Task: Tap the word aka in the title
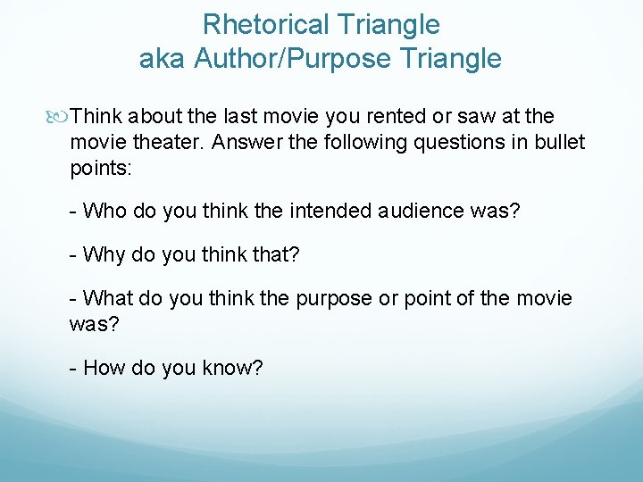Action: (x=163, y=60)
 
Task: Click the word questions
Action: (x=444, y=142)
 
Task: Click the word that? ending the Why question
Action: (x=274, y=254)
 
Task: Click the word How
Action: (x=104, y=367)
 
